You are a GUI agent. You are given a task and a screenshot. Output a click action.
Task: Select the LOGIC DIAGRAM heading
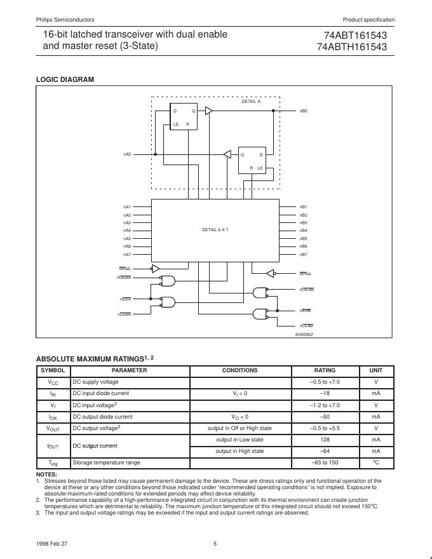point(65,79)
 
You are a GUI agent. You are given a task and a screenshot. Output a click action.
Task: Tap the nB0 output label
point(304,111)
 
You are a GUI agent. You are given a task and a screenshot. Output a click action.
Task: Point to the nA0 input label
point(126,154)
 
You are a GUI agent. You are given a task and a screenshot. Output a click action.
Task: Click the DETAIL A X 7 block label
point(215,229)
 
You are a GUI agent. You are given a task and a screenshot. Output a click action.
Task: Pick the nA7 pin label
point(127,254)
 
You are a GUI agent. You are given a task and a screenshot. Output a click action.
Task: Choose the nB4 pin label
point(303,231)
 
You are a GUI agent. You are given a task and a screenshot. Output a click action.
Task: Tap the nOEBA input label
point(124,278)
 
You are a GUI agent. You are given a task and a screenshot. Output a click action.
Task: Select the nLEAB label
point(306,325)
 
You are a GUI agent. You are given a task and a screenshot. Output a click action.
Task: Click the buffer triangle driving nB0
point(208,111)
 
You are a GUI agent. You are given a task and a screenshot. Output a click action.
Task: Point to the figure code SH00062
point(304,335)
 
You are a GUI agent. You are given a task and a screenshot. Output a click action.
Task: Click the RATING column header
point(325,370)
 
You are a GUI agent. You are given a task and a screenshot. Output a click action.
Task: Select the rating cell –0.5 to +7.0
point(325,382)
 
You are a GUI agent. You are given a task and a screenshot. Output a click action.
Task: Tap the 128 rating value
point(325,440)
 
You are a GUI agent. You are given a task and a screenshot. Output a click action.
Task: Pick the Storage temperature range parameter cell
point(106,462)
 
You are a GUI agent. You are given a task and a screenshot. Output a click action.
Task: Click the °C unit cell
point(375,462)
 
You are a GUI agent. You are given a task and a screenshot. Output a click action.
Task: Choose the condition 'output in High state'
point(240,451)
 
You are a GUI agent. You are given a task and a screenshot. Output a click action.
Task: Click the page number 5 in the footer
point(215,543)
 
